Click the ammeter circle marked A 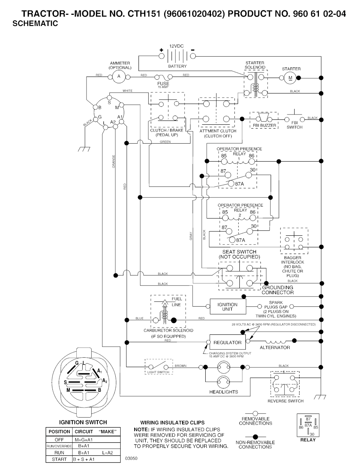(x=119, y=77)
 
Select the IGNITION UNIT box (x=227, y=307)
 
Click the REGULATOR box (x=227, y=343)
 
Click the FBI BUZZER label (x=264, y=125)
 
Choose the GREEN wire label (x=165, y=142)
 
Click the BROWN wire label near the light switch (x=180, y=366)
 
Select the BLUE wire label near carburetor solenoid (x=140, y=318)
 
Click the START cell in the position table (x=59, y=459)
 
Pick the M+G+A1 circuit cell (x=84, y=439)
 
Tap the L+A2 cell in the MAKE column (x=108, y=453)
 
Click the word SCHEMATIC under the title (x=35, y=24)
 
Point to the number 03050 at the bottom (x=131, y=458)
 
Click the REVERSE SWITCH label (x=285, y=401)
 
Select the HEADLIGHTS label (x=224, y=392)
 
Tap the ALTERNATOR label (x=275, y=347)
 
